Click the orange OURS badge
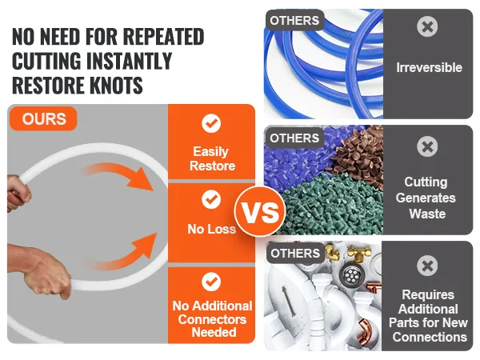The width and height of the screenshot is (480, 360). [x=43, y=118]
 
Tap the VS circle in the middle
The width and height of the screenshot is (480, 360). [x=260, y=211]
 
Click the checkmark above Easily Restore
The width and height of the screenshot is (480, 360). [x=211, y=123]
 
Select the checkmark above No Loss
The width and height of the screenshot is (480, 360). [x=211, y=199]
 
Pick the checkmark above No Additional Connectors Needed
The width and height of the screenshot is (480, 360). [x=211, y=282]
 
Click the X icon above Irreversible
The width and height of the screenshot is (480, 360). [x=427, y=26]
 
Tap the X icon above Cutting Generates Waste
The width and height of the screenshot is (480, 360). [x=427, y=146]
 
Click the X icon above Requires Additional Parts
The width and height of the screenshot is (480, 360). [x=427, y=266]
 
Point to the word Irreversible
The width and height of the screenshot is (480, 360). [x=429, y=68]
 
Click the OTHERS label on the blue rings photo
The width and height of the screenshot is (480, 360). [x=294, y=21]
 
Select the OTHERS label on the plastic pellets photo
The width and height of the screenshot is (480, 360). [x=294, y=138]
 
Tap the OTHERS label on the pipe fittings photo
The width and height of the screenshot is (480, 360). [x=295, y=253]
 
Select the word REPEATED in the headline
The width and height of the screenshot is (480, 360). [x=163, y=37]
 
